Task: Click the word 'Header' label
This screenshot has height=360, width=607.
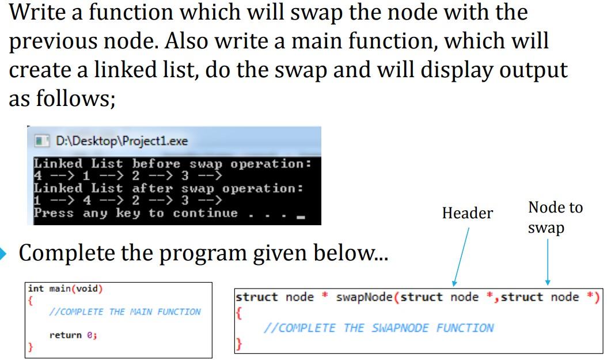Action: [467, 214]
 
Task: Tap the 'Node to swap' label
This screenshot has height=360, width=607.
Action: [555, 217]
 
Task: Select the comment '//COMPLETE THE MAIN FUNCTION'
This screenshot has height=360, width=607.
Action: [125, 312]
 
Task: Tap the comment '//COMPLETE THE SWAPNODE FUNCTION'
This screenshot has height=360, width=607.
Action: [378, 328]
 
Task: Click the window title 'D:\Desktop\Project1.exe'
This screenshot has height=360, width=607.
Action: [122, 141]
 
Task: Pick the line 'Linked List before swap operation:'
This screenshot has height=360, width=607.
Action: [172, 164]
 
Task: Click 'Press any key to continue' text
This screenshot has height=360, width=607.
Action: [135, 213]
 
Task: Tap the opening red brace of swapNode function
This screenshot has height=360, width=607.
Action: [239, 314]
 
